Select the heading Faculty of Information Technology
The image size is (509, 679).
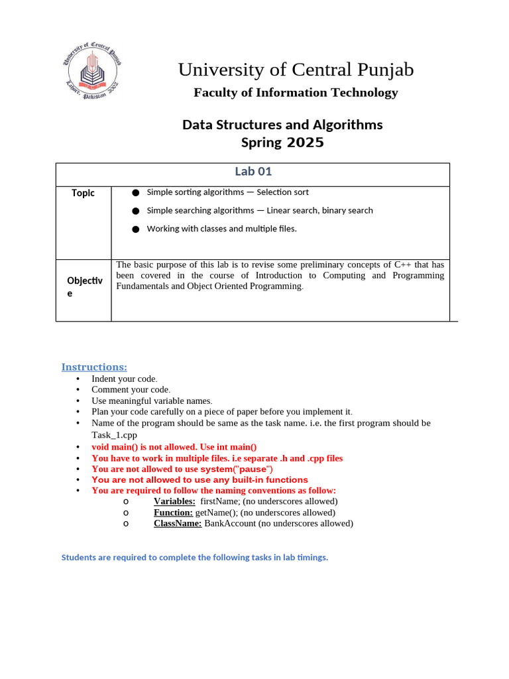pyautogui.click(x=296, y=93)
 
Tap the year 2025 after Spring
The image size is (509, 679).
pyautogui.click(x=306, y=143)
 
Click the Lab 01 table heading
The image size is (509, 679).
pyautogui.click(x=253, y=172)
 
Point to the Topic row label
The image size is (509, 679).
pyautogui.click(x=84, y=193)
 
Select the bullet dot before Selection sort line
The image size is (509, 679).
pyautogui.click(x=135, y=192)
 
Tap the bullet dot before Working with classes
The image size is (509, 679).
pyautogui.click(x=135, y=229)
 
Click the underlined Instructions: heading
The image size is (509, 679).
pyautogui.click(x=94, y=367)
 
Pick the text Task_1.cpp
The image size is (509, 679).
pyautogui.click(x=114, y=435)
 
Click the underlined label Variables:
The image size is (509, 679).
pyautogui.click(x=174, y=501)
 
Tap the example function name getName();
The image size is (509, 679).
pyautogui.click(x=216, y=513)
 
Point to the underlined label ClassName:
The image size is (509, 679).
pyautogui.click(x=178, y=523)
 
